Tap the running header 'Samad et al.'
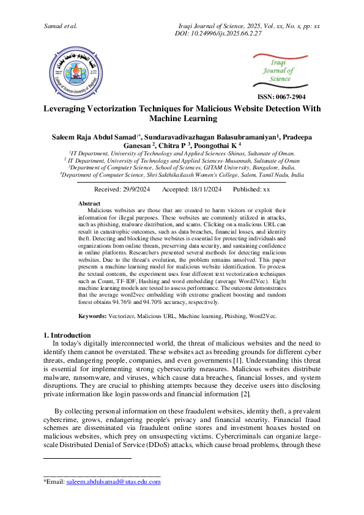point(61,26)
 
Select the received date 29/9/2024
point(135,190)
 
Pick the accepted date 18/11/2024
point(207,190)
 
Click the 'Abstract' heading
point(90,202)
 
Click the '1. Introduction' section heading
point(67,335)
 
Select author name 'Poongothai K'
point(221,145)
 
